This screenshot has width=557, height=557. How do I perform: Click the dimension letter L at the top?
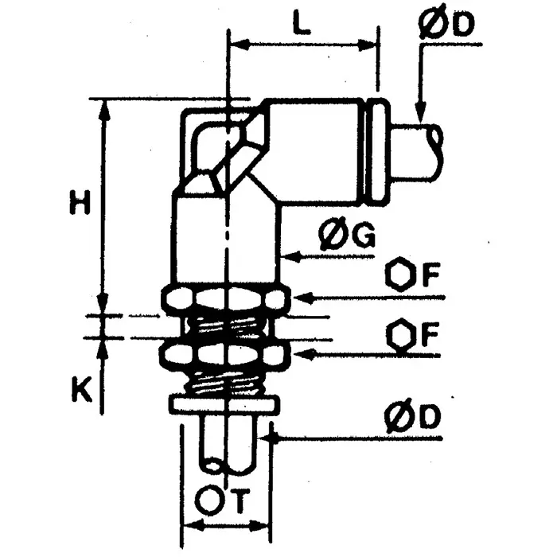point(300,25)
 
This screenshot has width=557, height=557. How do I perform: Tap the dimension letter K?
point(78,389)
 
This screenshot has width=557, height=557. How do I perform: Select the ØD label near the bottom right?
point(414,418)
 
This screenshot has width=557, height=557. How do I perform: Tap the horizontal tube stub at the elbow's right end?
point(418,151)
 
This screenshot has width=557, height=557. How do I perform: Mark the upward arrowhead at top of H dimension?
point(103,110)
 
